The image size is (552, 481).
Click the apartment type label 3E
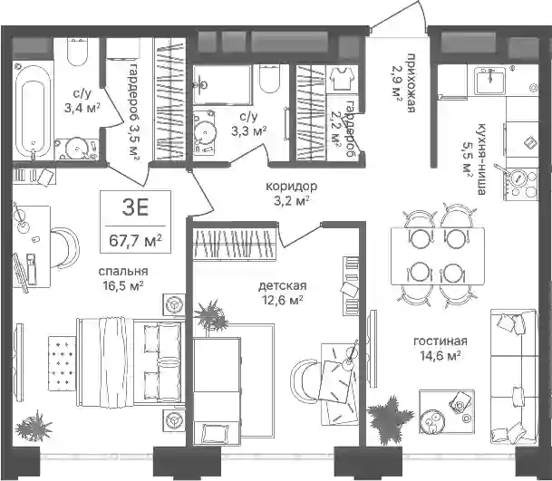click(x=136, y=208)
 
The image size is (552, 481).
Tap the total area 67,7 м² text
click(x=136, y=240)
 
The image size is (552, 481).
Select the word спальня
click(x=123, y=271)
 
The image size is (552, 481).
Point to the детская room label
click(x=282, y=285)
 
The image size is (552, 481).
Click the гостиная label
click(x=441, y=341)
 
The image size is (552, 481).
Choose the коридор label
click(x=291, y=186)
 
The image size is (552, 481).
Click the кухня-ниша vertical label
click(x=481, y=159)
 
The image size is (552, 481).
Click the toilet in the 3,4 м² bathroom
click(x=77, y=52)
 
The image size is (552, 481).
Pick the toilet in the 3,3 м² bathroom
click(x=270, y=79)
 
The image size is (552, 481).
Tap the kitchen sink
click(x=489, y=81)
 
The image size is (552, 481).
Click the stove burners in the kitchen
click(x=521, y=185)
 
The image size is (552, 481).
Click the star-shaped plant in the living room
click(x=390, y=416)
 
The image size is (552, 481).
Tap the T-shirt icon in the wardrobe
click(x=343, y=78)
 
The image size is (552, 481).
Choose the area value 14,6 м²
click(x=441, y=356)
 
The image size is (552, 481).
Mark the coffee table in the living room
click(x=446, y=411)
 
